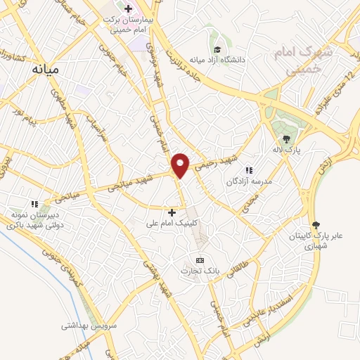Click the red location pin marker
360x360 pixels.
[x=181, y=165]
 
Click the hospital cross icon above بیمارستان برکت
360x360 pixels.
[x=127, y=8]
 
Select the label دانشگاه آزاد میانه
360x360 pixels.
[x=234, y=60]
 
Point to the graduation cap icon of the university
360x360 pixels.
[x=218, y=49]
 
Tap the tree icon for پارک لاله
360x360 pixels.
[x=286, y=139]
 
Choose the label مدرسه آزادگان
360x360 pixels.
[x=249, y=181]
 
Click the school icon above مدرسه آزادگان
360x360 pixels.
[x=248, y=169]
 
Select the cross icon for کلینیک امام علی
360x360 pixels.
[x=172, y=212]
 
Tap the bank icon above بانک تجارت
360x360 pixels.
[x=200, y=260]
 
